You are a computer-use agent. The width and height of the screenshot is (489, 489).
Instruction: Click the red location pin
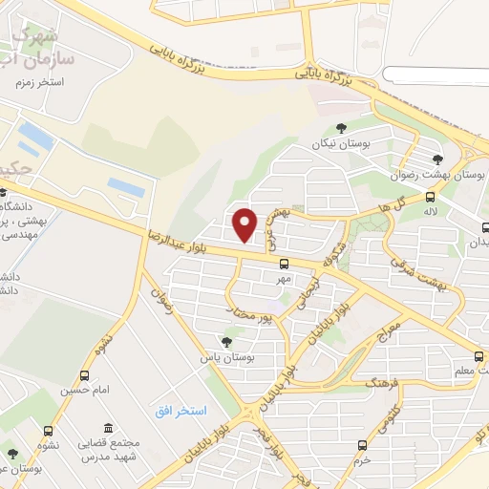coord(245,224)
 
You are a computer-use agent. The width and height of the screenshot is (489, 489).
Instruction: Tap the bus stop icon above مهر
coord(284,264)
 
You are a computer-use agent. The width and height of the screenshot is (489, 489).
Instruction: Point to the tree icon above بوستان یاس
coord(226,341)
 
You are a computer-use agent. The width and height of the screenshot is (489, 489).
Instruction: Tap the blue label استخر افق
coord(181,411)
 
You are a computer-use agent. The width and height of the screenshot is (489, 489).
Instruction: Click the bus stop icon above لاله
coord(430,197)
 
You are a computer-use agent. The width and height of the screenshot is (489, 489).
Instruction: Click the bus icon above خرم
coord(361,445)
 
